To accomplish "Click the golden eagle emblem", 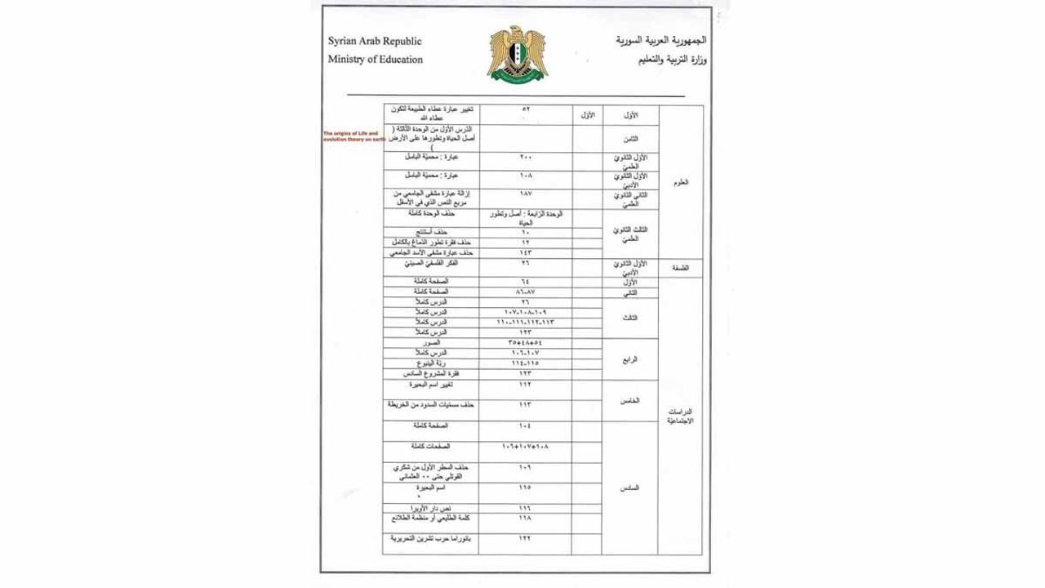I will point(517,53).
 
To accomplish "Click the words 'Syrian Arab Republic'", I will point(375,41).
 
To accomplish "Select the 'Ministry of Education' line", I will point(376,60).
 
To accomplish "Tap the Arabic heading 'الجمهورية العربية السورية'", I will point(661,40).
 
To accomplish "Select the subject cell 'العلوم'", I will point(680,182).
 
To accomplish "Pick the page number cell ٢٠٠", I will point(525,156).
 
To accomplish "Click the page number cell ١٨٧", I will point(525,194).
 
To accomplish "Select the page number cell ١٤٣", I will point(525,253).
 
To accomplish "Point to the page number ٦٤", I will point(525,282).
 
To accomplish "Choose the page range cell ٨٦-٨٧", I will point(525,292).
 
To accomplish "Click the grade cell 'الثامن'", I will point(629,139).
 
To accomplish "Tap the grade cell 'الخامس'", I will point(629,400).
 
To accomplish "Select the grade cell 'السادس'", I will point(629,488).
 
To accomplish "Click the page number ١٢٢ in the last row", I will point(525,539).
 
